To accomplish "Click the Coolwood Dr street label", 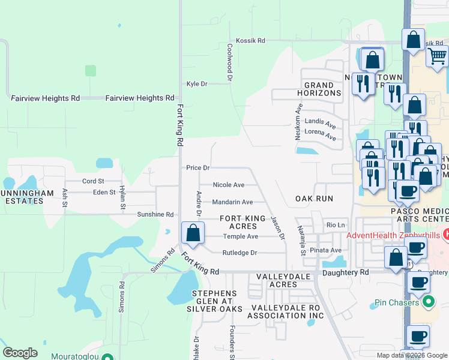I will [x=229, y=62].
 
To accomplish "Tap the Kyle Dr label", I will [x=197, y=84].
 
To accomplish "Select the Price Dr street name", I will [x=197, y=168].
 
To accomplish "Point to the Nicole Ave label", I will [x=229, y=185].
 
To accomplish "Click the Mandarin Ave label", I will [x=231, y=202].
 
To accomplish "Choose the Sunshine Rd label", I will [x=155, y=214].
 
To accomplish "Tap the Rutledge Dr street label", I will [x=240, y=253].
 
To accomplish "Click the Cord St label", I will [x=93, y=181].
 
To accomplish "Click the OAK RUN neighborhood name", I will [x=314, y=198].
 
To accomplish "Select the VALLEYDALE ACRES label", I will [x=277, y=280].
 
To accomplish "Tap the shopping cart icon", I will [x=438, y=56].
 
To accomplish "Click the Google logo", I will [x=20, y=353].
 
